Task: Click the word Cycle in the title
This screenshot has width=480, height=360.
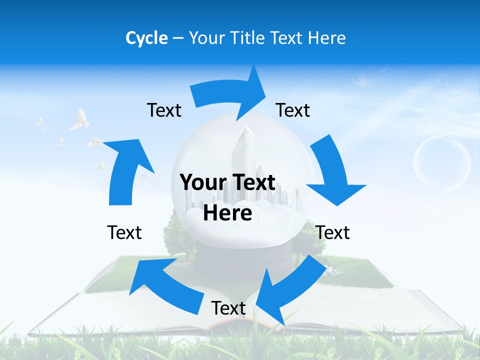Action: [146, 38]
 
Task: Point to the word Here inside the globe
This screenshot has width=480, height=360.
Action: [227, 213]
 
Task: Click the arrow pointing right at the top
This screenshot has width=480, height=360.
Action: [230, 92]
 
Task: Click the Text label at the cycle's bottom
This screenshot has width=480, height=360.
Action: [228, 308]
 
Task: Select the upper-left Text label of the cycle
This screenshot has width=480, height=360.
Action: [164, 110]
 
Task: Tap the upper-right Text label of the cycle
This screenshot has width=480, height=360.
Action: [293, 110]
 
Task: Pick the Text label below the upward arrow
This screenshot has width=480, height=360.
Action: [124, 232]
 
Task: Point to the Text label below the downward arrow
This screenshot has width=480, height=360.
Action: [332, 232]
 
